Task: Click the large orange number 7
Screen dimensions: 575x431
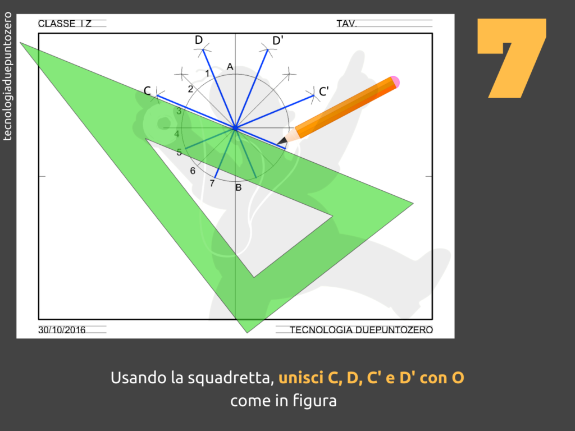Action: (512, 58)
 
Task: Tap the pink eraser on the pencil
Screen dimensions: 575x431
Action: (394, 82)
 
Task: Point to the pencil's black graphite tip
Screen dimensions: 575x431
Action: (280, 142)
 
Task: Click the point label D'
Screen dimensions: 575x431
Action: (277, 40)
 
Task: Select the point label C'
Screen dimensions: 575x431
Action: (323, 91)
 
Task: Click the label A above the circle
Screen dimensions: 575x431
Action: (230, 67)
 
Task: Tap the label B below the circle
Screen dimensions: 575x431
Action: (238, 187)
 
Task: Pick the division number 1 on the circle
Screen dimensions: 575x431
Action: (207, 74)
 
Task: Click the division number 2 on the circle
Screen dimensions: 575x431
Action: (190, 89)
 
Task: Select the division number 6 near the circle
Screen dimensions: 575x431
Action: (193, 171)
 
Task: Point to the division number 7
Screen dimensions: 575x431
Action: (212, 184)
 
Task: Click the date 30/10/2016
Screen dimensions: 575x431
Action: (62, 330)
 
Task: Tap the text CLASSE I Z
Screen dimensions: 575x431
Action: (65, 24)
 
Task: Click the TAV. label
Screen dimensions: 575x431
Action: (346, 24)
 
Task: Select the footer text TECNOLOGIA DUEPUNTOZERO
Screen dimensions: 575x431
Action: (361, 330)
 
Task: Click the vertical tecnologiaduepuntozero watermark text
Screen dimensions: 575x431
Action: (7, 76)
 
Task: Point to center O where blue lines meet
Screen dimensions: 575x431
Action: (235, 128)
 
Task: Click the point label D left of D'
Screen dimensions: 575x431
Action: (199, 40)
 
